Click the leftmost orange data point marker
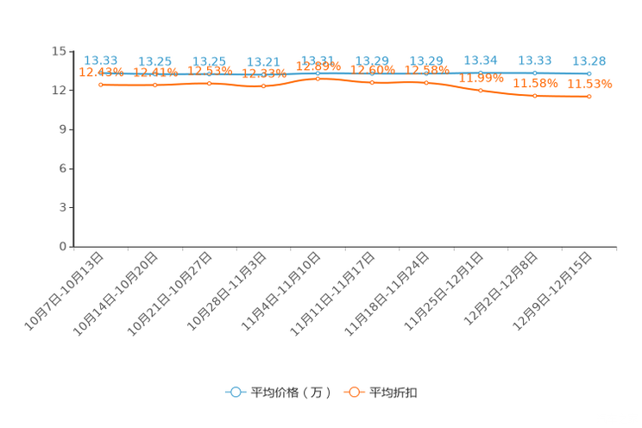tap(102, 84)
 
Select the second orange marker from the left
tap(155, 85)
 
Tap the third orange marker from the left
tap(210, 83)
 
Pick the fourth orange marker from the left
tap(264, 86)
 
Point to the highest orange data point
tap(318, 79)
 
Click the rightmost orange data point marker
tap(589, 96)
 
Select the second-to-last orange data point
tap(535, 95)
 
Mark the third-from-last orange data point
tap(481, 89)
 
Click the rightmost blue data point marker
tap(589, 73)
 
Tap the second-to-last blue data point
tap(535, 72)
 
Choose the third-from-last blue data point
tap(481, 72)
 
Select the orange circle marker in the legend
tap(354, 392)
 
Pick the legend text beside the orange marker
tap(394, 393)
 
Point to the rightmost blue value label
tap(589, 60)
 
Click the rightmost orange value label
tap(589, 84)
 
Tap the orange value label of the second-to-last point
tap(535, 83)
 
